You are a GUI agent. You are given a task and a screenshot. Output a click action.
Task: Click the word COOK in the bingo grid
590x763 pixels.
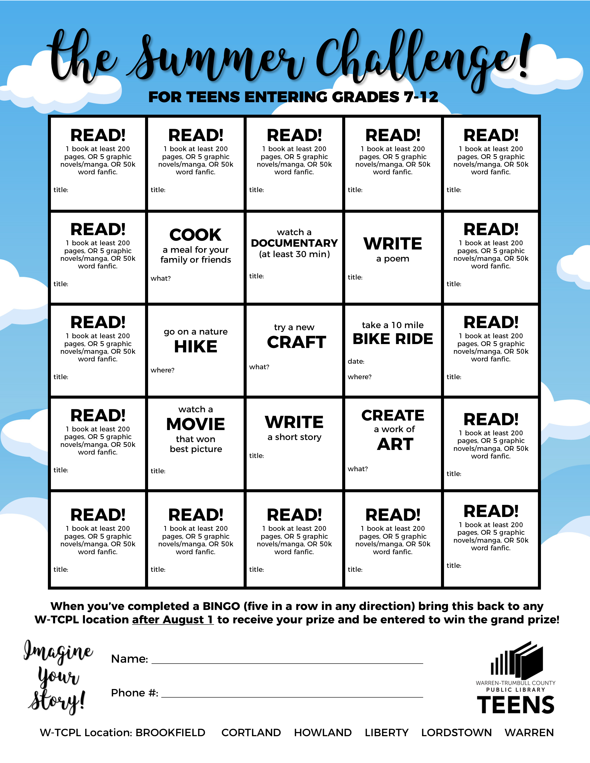point(195,235)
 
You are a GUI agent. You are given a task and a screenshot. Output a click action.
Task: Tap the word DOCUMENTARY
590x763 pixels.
point(294,243)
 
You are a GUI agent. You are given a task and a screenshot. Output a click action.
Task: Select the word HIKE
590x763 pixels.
point(195,347)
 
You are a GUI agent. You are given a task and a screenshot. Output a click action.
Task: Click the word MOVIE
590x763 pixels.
point(195,424)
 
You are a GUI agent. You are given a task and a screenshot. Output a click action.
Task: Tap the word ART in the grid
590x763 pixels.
point(395,444)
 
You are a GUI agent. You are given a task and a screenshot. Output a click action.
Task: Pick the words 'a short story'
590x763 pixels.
point(294,437)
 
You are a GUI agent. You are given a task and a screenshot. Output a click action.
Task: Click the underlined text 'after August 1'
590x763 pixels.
point(173,619)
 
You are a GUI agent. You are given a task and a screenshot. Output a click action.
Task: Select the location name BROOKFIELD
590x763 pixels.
point(170,733)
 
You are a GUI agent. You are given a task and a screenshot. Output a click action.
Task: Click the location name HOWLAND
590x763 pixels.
point(323,733)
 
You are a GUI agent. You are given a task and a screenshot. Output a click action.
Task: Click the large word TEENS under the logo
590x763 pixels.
point(515,705)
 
